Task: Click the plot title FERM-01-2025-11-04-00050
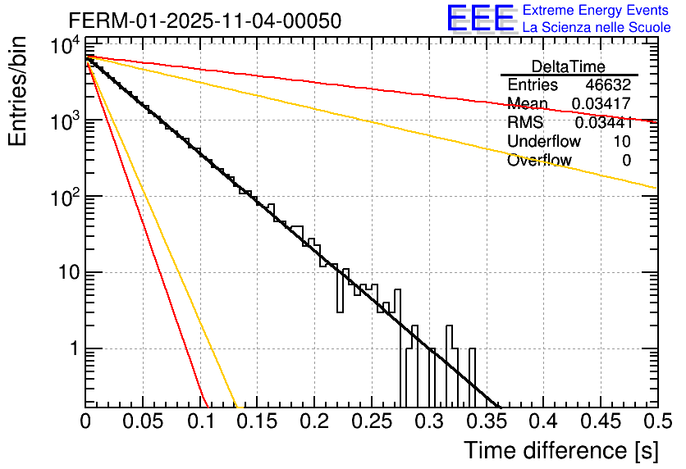coord(204,20)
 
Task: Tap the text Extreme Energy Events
coord(597,11)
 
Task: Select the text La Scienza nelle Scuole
coord(597,28)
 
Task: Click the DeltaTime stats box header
coord(569,66)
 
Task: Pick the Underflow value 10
coord(621,142)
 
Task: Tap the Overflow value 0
coord(626,161)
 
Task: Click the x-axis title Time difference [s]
coord(560,450)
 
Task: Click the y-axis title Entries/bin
coord(18,93)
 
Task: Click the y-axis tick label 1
coord(71,349)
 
